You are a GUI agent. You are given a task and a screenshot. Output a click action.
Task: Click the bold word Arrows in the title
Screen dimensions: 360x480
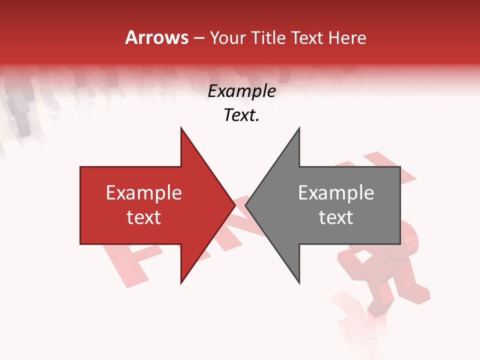(x=156, y=37)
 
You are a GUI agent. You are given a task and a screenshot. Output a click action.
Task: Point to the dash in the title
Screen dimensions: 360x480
(x=198, y=38)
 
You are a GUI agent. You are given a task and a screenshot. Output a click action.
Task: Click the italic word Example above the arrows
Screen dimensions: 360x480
(x=242, y=91)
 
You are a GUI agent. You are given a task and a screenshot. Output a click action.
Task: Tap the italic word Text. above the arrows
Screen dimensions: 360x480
(x=242, y=115)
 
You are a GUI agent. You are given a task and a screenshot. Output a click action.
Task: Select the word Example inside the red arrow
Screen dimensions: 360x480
(x=144, y=192)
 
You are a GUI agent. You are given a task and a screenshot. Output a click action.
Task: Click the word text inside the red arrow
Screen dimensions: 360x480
(x=144, y=217)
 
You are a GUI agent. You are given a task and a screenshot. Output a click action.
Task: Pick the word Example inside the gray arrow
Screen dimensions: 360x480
(x=336, y=192)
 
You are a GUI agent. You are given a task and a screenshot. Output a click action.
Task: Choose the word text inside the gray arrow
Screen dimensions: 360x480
(x=336, y=217)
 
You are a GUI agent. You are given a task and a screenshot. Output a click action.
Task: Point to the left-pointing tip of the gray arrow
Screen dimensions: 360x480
(x=246, y=205)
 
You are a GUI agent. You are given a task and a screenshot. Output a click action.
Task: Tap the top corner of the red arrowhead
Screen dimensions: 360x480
(x=181, y=128)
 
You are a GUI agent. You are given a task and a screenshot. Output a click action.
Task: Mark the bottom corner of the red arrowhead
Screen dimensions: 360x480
(x=181, y=283)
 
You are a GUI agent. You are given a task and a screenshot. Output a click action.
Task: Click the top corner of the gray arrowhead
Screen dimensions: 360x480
(x=299, y=128)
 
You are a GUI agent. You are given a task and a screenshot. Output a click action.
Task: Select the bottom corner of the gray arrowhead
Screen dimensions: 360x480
(x=299, y=283)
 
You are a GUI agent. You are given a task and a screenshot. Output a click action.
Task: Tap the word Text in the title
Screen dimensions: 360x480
(x=306, y=37)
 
